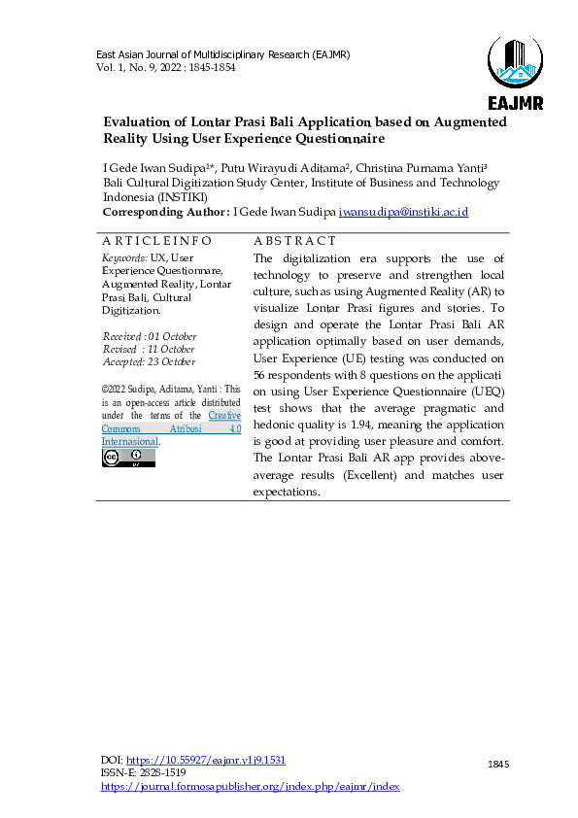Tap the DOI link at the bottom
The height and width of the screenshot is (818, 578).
pyautogui.click(x=207, y=760)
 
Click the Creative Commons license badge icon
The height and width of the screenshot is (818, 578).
pyautogui.click(x=128, y=457)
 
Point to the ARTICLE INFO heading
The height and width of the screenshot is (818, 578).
pyautogui.click(x=156, y=241)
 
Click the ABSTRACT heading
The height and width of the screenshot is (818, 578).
pyautogui.click(x=294, y=241)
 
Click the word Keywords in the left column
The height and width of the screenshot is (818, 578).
pyautogui.click(x=120, y=257)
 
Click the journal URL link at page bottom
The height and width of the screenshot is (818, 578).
pyautogui.click(x=250, y=786)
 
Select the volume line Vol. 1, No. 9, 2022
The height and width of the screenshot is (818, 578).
pyautogui.click(x=165, y=67)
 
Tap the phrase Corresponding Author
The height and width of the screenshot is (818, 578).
pyautogui.click(x=166, y=211)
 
